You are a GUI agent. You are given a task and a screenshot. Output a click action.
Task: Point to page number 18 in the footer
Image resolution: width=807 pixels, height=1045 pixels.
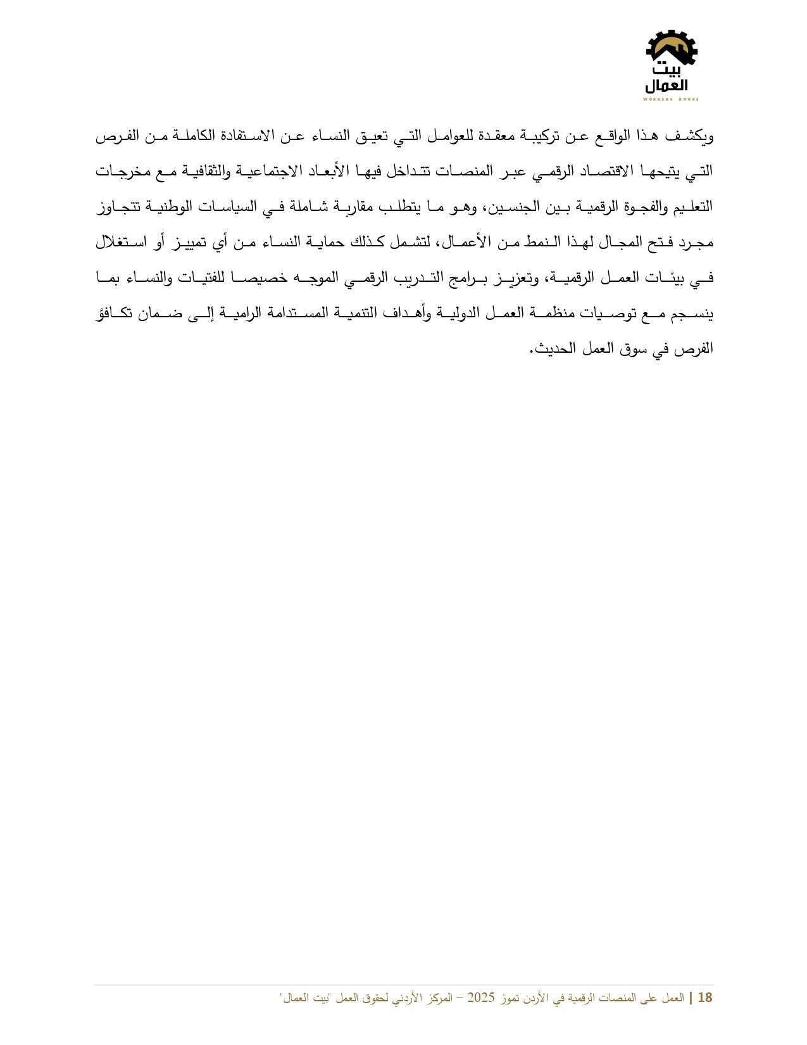click(704, 998)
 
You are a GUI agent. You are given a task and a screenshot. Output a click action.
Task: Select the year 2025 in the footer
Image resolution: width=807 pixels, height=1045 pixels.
click(480, 998)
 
